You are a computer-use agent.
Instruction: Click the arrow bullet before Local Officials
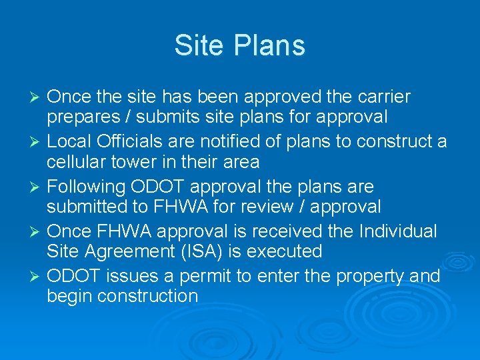tap(37, 142)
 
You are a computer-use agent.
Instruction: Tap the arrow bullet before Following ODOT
tap(37, 187)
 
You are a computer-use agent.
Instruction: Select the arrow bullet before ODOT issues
tap(37, 276)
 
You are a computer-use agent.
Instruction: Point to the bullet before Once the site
tap(37, 97)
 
